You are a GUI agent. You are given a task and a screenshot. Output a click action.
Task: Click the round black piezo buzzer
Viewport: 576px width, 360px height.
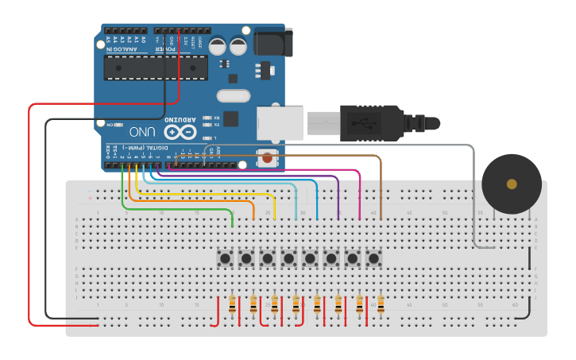512,184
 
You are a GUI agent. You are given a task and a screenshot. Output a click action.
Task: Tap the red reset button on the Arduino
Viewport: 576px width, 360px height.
268,158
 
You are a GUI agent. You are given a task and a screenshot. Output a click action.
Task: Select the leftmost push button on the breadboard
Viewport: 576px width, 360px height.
226,258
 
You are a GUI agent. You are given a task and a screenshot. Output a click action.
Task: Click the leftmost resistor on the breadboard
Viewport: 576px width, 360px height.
232,305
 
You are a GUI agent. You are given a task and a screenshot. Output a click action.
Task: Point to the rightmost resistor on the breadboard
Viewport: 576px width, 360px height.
381,305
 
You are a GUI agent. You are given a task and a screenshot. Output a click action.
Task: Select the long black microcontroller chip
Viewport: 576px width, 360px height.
156,68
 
